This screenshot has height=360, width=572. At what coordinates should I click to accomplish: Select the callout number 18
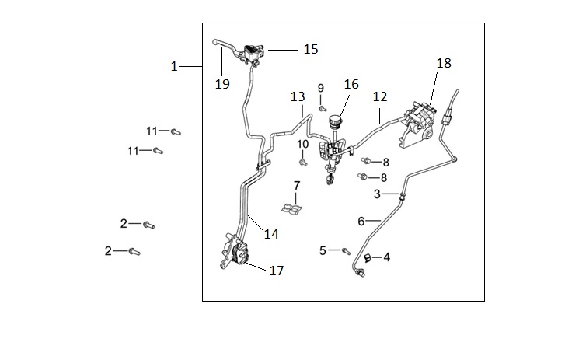pos(444,63)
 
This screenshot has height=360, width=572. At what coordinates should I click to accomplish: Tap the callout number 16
pos(351,84)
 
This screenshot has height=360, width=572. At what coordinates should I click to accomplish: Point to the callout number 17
pos(277,271)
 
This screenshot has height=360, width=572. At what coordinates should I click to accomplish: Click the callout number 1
pos(174,67)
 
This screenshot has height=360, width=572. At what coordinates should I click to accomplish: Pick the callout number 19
pos(223,84)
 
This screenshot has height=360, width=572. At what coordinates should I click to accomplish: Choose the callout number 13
pos(298,97)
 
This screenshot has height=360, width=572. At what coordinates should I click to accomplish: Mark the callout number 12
pos(379,97)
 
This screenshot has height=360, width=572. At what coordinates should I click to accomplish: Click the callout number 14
pos(270,233)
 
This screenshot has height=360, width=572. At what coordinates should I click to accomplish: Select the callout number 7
pos(296,185)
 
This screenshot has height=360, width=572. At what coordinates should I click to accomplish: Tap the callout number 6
pos(361,221)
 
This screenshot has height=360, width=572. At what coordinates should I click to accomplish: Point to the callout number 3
pos(377,194)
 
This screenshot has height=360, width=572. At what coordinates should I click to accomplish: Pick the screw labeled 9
pos(322,109)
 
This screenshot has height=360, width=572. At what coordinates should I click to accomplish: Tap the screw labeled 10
pos(303,163)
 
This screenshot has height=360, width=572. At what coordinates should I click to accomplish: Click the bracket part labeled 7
pos(292,208)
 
